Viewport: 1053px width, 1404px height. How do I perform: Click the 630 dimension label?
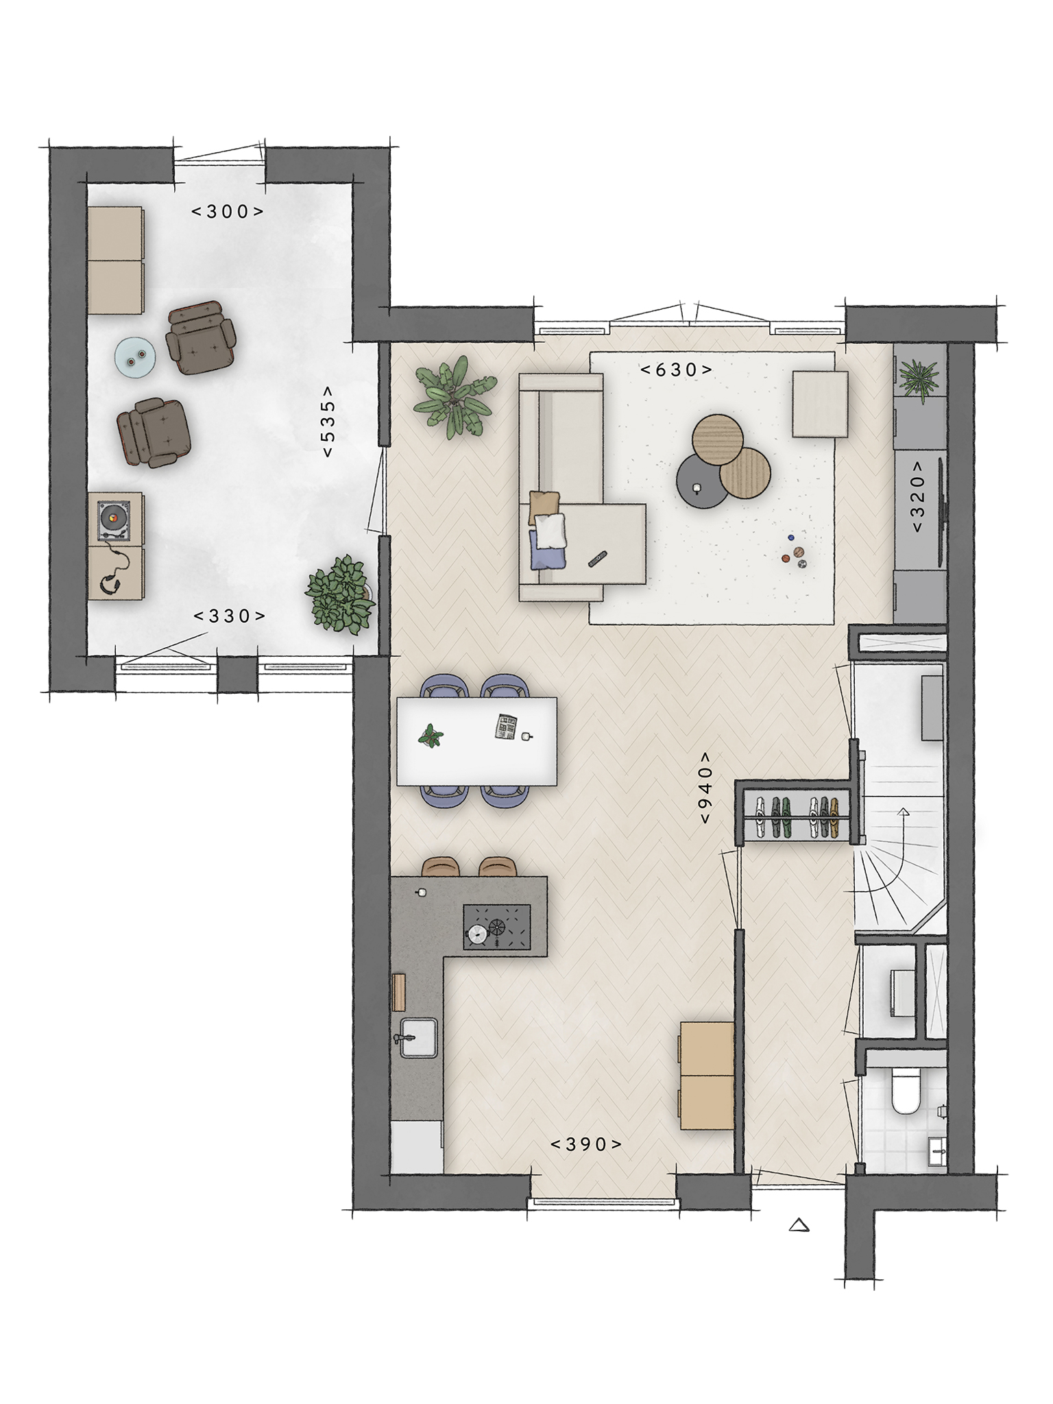[x=676, y=370]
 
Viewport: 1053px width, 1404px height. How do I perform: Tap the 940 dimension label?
[x=706, y=788]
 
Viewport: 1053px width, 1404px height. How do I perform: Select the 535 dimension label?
[x=328, y=422]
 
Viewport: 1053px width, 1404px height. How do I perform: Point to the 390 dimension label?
[x=586, y=1144]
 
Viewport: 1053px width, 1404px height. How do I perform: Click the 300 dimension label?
[x=227, y=212]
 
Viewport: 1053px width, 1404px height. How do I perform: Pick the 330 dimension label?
[x=230, y=616]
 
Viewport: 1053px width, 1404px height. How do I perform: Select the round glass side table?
[x=135, y=357]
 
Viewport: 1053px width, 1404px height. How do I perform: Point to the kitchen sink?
[x=418, y=1038]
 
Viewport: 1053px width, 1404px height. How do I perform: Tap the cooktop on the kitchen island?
[x=497, y=928]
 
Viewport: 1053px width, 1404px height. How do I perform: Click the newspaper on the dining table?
[x=507, y=727]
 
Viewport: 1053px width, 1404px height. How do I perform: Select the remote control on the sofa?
[x=598, y=559]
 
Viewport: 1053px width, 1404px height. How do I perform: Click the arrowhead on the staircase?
[x=903, y=814]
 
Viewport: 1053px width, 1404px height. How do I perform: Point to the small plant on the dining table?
[x=431, y=736]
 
